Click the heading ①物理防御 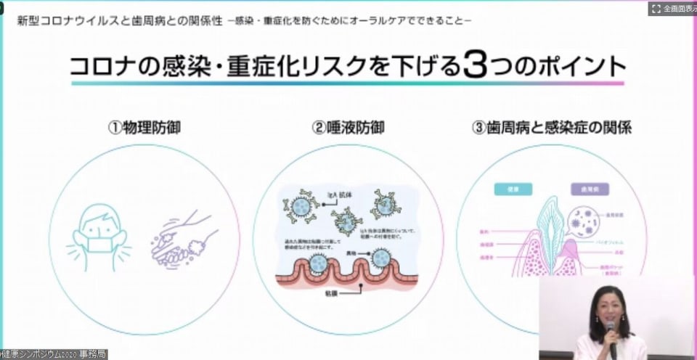pos(144,128)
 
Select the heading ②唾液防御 pos(348,128)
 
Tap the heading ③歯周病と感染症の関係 pos(553,128)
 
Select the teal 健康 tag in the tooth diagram pos(508,189)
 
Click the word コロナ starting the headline pos(102,67)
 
